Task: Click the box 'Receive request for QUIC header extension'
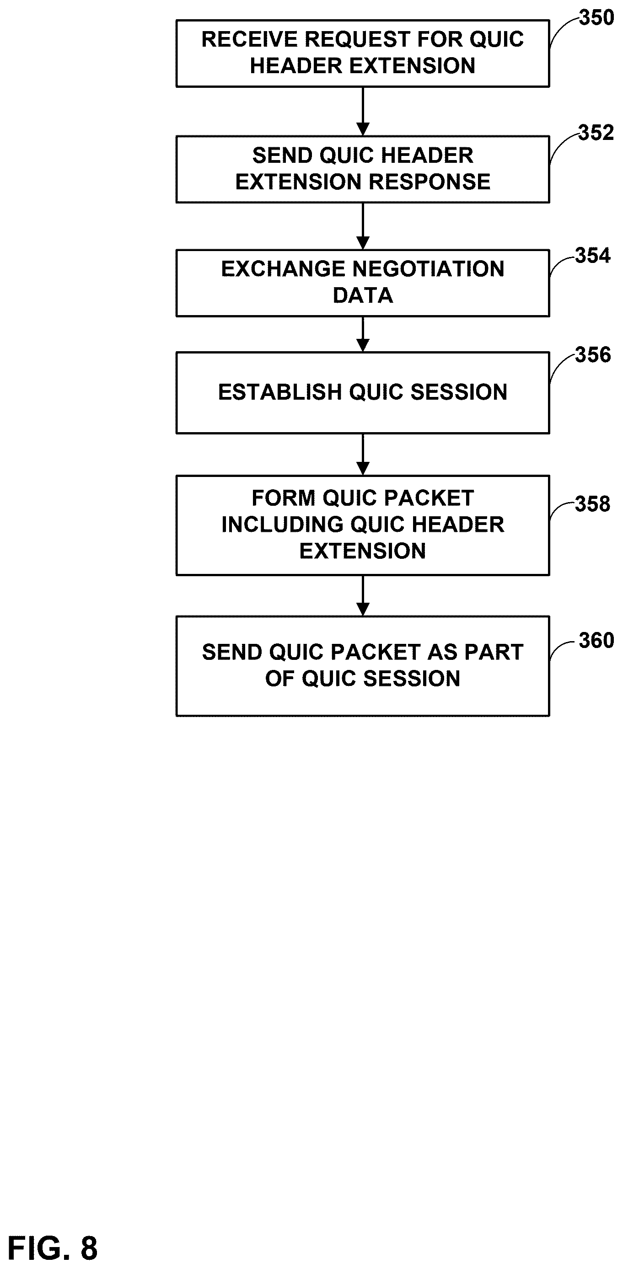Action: point(363,53)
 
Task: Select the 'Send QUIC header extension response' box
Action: point(363,169)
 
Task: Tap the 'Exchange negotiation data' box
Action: point(363,283)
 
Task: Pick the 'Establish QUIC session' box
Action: point(363,393)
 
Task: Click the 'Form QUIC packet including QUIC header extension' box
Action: point(363,525)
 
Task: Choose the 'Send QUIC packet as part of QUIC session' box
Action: point(363,665)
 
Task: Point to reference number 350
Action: point(596,18)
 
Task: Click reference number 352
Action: point(596,133)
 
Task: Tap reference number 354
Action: point(593,256)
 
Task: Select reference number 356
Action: point(593,355)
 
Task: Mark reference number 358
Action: point(593,504)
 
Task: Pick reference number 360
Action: point(596,640)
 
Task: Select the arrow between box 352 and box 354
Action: point(363,226)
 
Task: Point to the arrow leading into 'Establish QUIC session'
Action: point(363,334)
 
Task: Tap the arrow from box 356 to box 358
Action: point(363,455)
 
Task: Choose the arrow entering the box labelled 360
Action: point(363,595)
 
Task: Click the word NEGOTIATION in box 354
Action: point(428,269)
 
